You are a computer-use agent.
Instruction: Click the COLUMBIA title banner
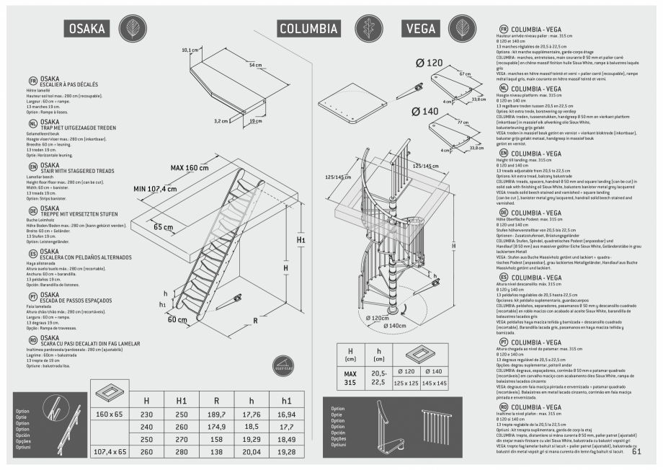(x=308, y=28)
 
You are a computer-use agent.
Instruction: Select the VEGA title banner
(x=421, y=28)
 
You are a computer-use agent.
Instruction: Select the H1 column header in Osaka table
(x=182, y=400)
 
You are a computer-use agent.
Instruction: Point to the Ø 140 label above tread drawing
(x=425, y=111)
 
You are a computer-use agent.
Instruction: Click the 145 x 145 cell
(x=435, y=382)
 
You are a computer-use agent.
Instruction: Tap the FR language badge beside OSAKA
(x=33, y=81)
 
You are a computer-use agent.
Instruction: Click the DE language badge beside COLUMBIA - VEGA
(x=504, y=213)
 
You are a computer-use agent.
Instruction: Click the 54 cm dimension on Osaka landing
(x=255, y=65)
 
